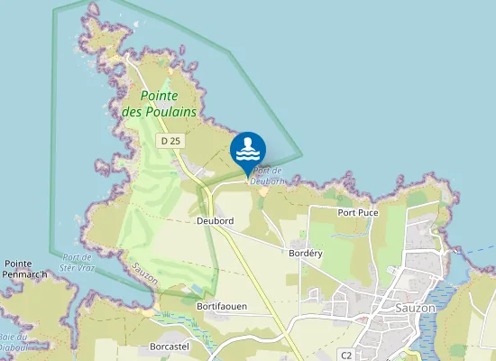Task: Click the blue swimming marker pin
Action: tap(248, 151)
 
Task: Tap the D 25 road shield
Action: tap(170, 141)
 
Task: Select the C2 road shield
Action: tap(345, 355)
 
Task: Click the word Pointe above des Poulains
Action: tap(159, 96)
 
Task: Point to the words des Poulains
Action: tap(159, 111)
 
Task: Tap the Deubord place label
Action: tap(215, 221)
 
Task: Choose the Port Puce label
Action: tap(358, 213)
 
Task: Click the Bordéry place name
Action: tap(305, 254)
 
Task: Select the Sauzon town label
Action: tap(416, 307)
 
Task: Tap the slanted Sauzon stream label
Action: tap(145, 273)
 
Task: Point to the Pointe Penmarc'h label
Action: tap(24, 268)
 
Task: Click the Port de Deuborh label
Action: tap(268, 175)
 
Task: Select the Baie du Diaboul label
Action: tap(11, 343)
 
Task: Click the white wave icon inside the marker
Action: tap(248, 149)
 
